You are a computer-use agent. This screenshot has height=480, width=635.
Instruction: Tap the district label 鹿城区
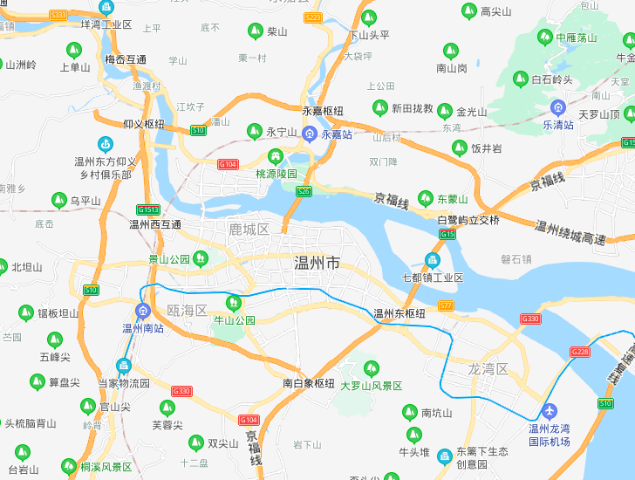coord(249,230)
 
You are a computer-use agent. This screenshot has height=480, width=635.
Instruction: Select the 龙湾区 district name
coord(488,369)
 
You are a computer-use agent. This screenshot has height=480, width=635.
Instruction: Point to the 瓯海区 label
coord(187,311)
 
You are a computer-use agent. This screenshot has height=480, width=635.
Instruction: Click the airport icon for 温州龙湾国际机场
coord(550,411)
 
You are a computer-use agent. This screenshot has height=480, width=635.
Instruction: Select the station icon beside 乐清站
coord(558,107)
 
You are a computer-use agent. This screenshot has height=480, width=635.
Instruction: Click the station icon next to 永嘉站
coord(309,134)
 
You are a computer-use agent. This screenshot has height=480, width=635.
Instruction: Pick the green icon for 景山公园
coord(201,257)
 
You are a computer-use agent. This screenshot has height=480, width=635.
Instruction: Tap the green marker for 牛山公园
coord(233,303)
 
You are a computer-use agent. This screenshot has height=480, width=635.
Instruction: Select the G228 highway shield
coord(580,352)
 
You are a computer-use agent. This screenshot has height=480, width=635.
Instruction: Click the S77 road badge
coord(447,305)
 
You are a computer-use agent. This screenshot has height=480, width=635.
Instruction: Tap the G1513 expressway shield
coord(147,209)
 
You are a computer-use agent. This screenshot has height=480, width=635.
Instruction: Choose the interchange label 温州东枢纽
coord(399,313)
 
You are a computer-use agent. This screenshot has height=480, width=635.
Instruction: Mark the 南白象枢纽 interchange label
coord(309,383)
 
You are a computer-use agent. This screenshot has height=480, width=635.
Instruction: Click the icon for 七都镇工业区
coord(432,260)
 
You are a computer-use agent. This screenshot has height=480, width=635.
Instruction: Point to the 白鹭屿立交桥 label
coord(468,220)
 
